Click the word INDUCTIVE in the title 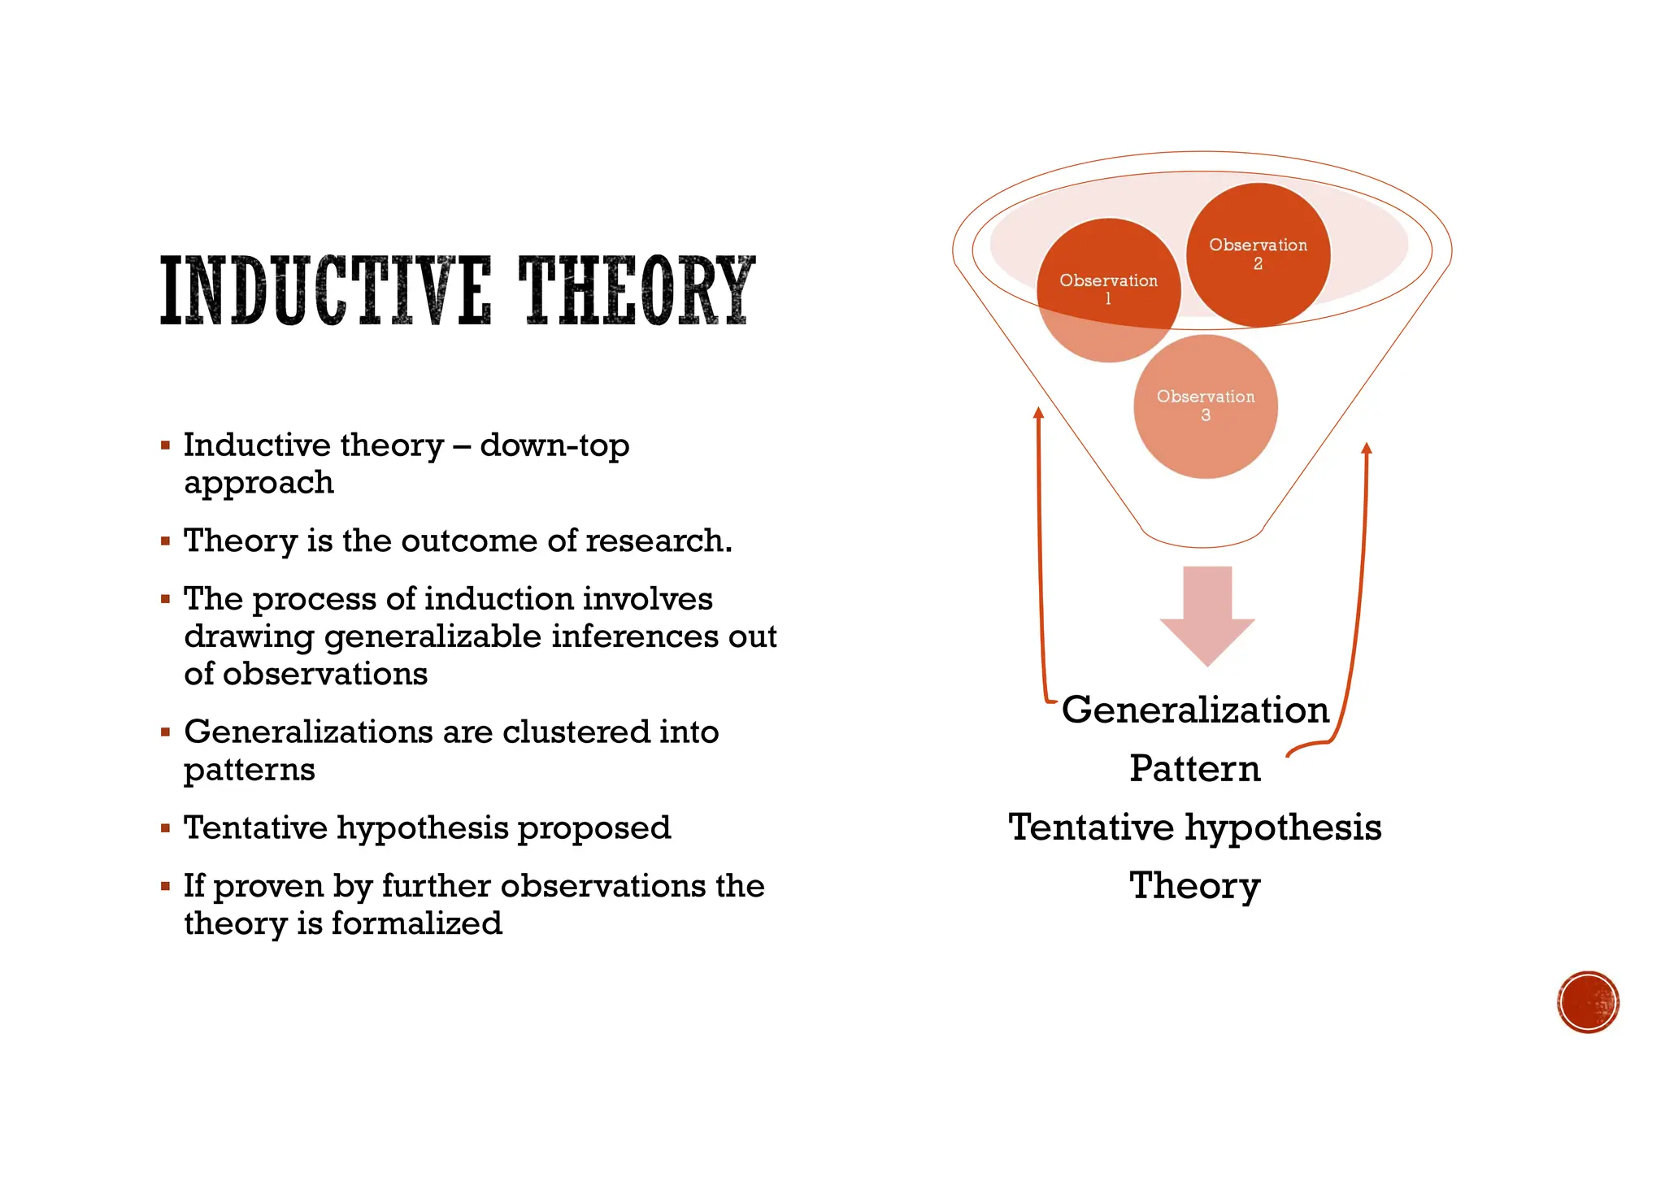click(x=325, y=290)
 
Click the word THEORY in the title click(x=637, y=290)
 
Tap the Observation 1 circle click(x=1108, y=289)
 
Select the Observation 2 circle click(x=1258, y=254)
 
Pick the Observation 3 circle click(x=1206, y=406)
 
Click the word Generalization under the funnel click(x=1195, y=710)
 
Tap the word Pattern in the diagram click(x=1195, y=768)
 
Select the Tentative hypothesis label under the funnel click(x=1195, y=827)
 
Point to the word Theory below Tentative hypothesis click(x=1195, y=886)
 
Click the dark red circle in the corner click(x=1589, y=1002)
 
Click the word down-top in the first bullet click(x=554, y=445)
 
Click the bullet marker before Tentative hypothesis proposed click(x=166, y=828)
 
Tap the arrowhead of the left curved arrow click(x=1038, y=412)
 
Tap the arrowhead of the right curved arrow click(x=1367, y=448)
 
